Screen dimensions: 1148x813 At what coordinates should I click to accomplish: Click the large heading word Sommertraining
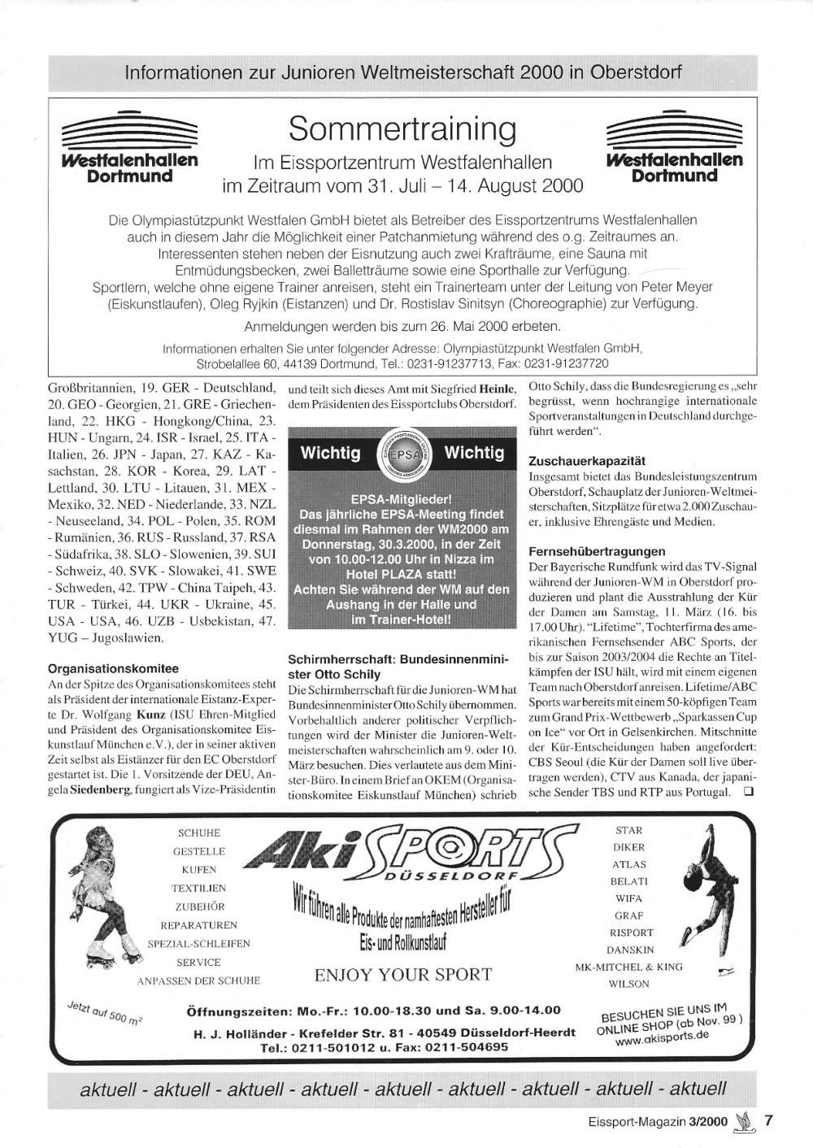(402, 128)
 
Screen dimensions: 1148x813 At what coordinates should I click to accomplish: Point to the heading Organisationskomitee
(113, 668)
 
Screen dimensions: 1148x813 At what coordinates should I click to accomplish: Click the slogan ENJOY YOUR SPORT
(402, 974)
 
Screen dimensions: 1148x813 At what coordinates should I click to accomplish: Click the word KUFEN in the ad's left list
(199, 870)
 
